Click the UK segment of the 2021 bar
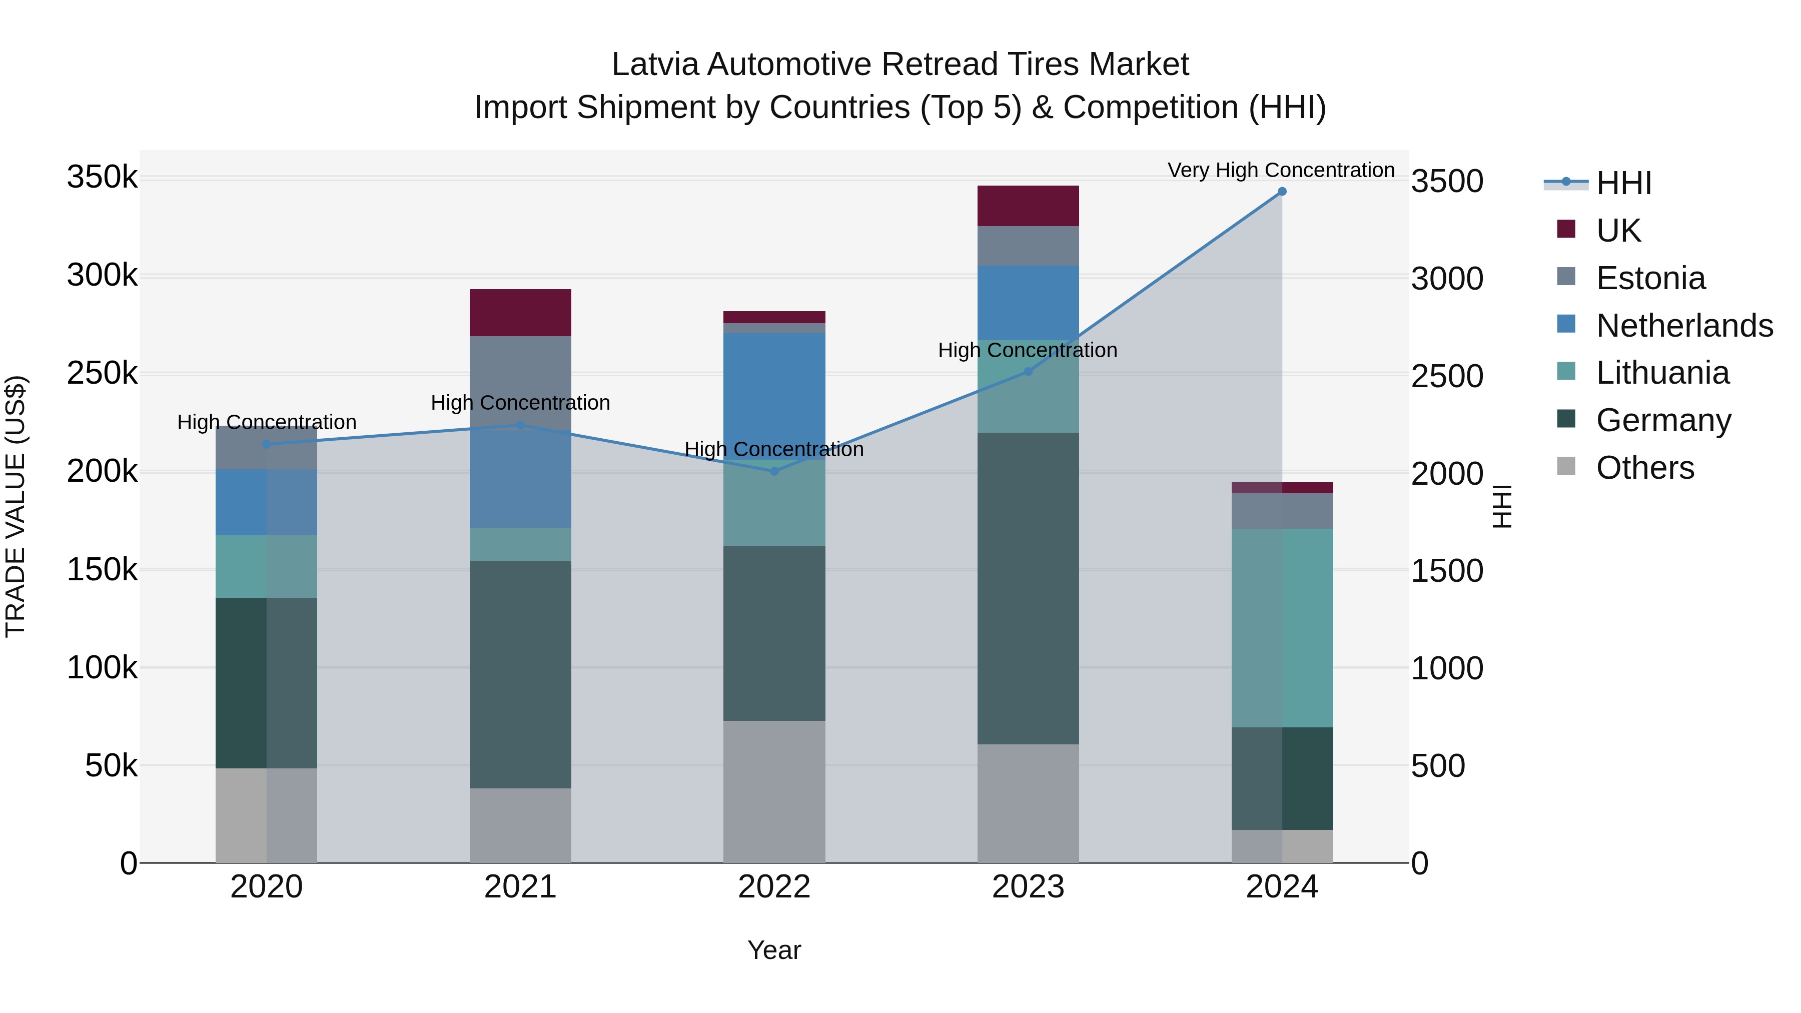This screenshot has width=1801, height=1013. (520, 313)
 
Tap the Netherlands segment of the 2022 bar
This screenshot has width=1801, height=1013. (774, 396)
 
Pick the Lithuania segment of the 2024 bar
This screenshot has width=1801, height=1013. (1282, 628)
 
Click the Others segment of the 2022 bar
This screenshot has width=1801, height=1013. (774, 791)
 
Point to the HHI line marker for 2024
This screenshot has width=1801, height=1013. (1282, 192)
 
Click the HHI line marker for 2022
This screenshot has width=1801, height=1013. (774, 472)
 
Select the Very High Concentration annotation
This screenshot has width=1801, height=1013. (1281, 171)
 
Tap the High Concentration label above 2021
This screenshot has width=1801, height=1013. (520, 403)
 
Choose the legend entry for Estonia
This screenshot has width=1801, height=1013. (1650, 278)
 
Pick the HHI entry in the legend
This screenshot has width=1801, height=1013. (1623, 183)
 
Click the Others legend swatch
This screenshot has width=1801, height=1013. (1566, 466)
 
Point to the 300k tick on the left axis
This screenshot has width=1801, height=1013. (102, 276)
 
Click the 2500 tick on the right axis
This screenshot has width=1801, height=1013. (1446, 376)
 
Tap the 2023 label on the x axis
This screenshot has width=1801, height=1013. (1028, 887)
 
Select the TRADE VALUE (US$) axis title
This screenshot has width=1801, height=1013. (16, 506)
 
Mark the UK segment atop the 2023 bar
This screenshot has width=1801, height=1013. (1028, 206)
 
